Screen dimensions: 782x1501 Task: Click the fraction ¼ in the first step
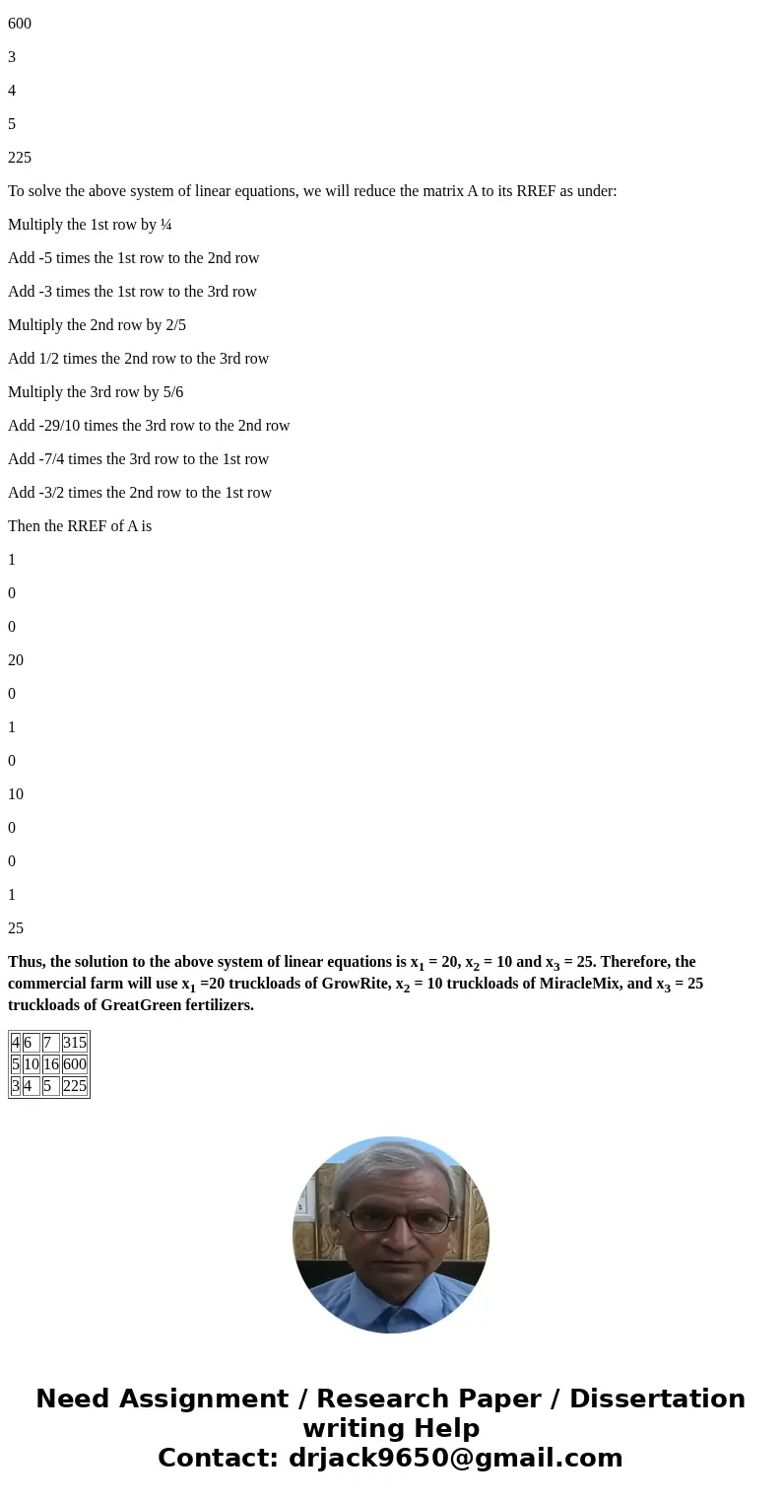pos(165,225)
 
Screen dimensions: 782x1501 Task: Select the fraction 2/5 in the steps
pos(174,325)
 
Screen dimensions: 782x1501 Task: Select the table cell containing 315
pos(75,1043)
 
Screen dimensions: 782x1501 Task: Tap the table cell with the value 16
pos(51,1064)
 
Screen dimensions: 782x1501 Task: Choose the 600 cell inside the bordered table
pos(75,1064)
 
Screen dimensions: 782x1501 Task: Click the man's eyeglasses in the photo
pos(391,1219)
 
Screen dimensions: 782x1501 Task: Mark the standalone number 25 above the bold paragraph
pos(16,928)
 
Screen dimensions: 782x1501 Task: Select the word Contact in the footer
pos(218,1458)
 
